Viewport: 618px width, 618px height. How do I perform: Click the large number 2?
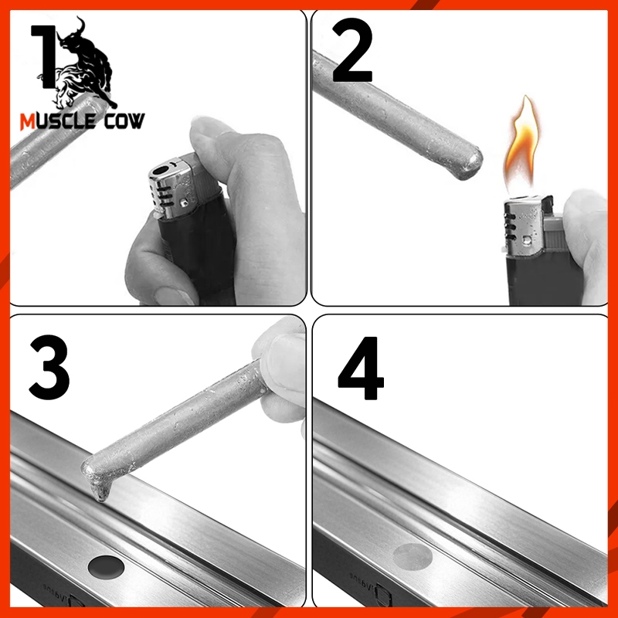tap(352, 53)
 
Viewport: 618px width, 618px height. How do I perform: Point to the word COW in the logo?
tap(124, 121)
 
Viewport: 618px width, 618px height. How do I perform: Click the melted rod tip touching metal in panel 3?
tap(98, 483)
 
